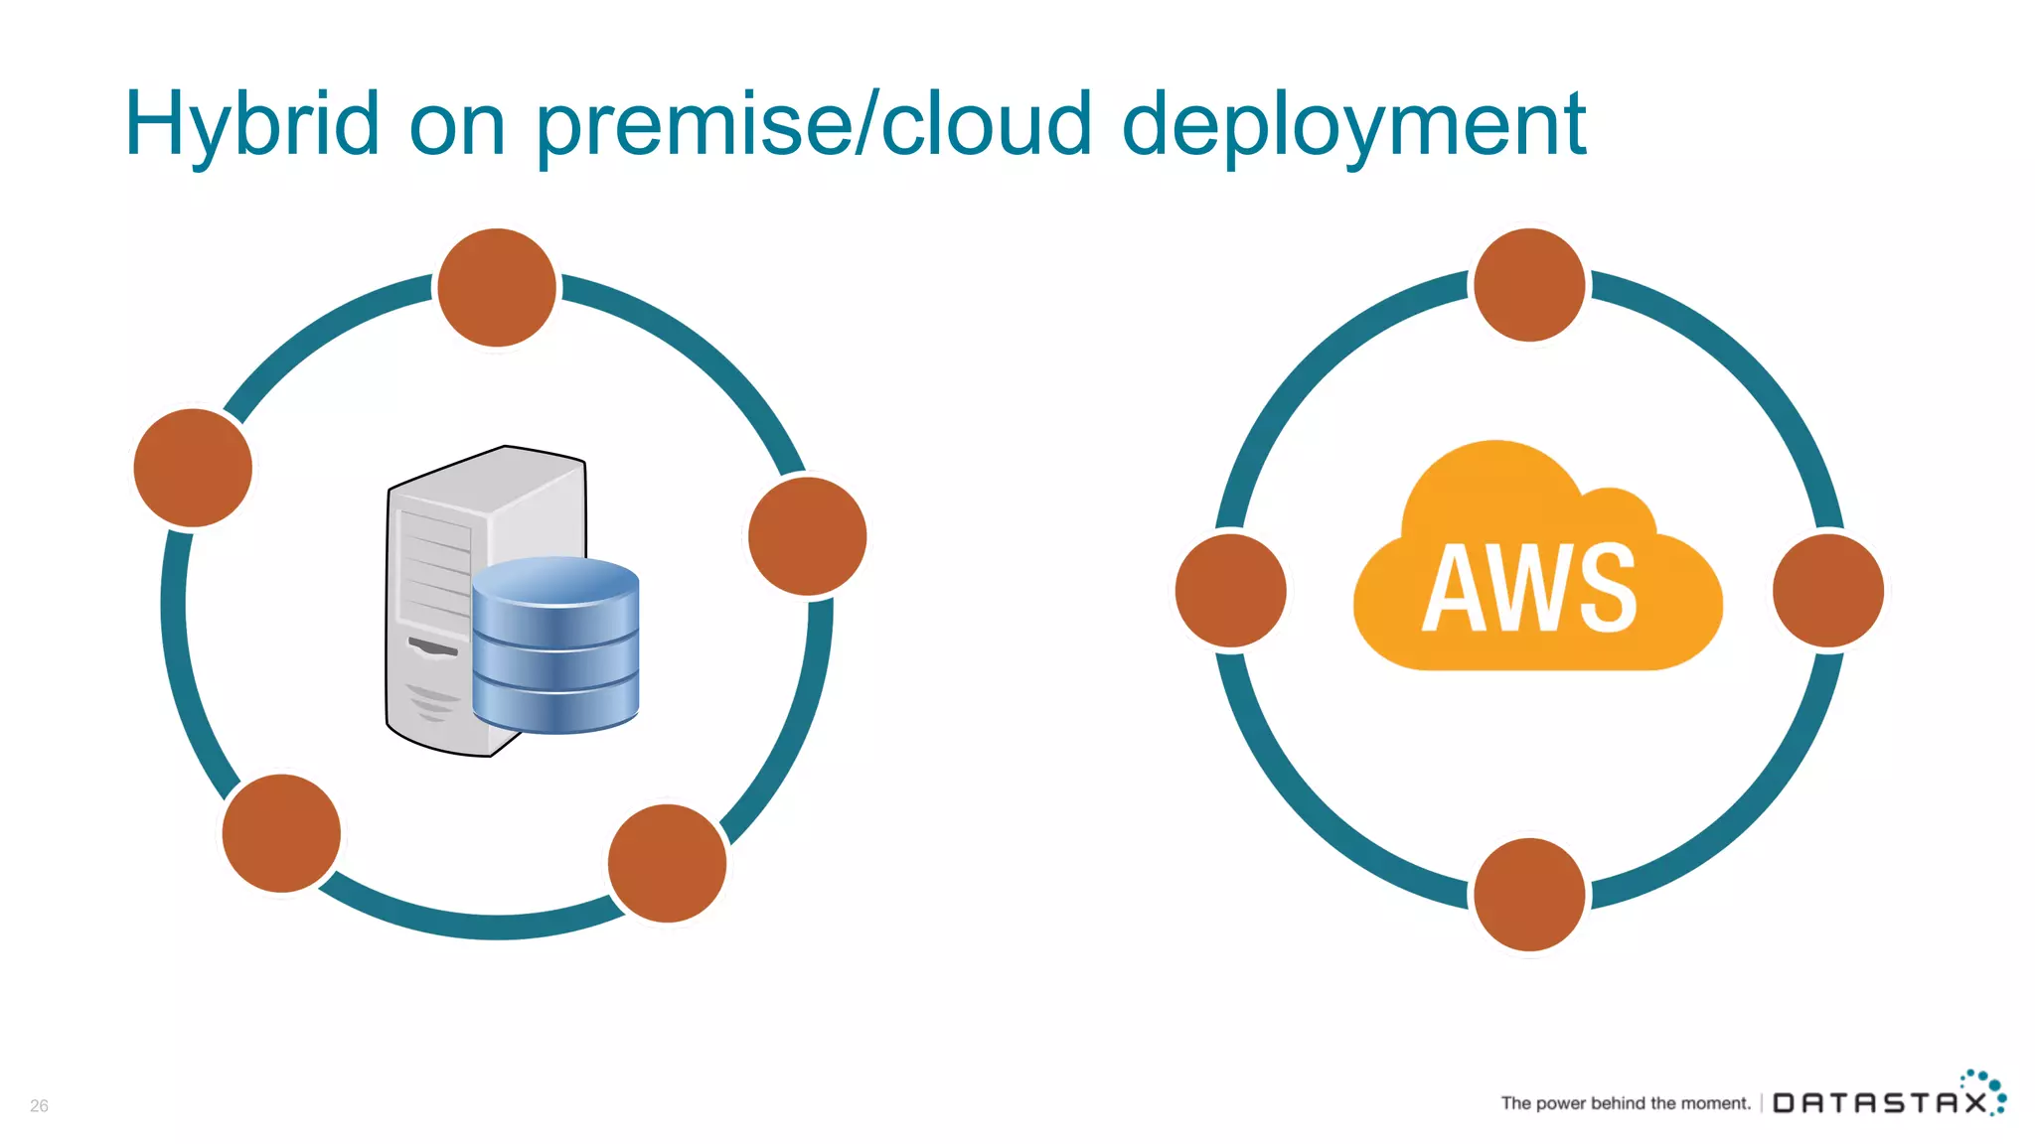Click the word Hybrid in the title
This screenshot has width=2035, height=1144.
click(252, 124)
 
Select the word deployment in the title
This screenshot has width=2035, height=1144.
click(1353, 124)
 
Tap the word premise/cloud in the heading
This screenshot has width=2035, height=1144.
click(814, 124)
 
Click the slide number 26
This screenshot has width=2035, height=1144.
click(39, 1105)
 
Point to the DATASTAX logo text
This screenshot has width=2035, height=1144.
click(1878, 1103)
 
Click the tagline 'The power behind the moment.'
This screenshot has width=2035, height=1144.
click(1626, 1103)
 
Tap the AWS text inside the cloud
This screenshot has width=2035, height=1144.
click(1530, 588)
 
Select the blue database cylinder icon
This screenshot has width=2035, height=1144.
click(555, 645)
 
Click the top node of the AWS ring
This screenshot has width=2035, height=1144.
click(1529, 285)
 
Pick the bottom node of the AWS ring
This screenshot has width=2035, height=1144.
click(1529, 894)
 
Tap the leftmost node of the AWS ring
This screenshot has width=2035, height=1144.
click(1231, 591)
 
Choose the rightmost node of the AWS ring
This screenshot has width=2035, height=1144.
click(1828, 591)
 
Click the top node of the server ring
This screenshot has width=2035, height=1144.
click(497, 288)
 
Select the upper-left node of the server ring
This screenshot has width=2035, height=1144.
click(193, 468)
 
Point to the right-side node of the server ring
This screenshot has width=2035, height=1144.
click(807, 536)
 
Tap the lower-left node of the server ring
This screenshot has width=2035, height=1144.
click(281, 833)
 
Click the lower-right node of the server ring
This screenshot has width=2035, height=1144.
click(667, 863)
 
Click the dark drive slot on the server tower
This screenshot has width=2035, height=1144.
click(433, 647)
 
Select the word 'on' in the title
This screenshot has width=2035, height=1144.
click(457, 124)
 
